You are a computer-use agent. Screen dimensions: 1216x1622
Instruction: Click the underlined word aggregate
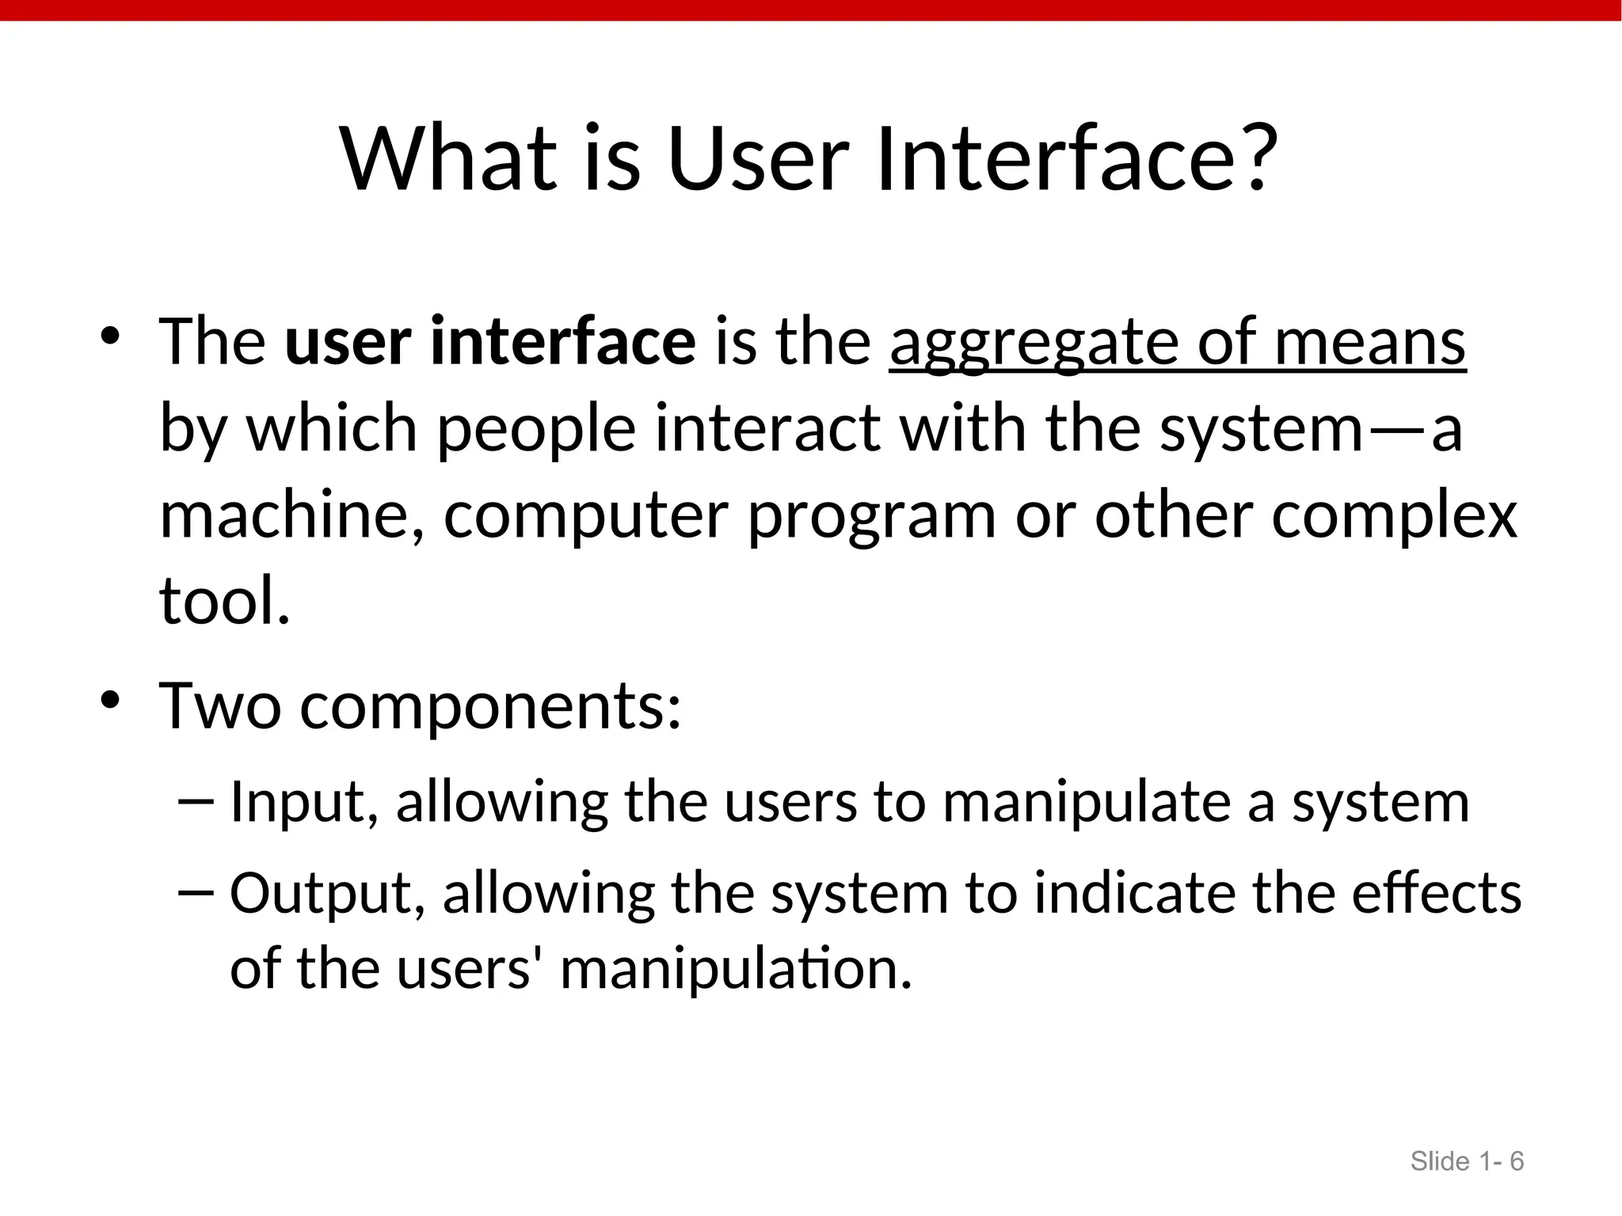pyautogui.click(x=1033, y=344)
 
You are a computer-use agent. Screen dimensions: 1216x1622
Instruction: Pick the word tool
pyautogui.click(x=224, y=602)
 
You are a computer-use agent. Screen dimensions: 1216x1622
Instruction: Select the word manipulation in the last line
pyautogui.click(x=736, y=970)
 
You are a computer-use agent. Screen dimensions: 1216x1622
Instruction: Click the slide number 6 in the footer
pyautogui.click(x=1516, y=1161)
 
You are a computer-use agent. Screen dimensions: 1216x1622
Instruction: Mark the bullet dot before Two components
pyautogui.click(x=109, y=700)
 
